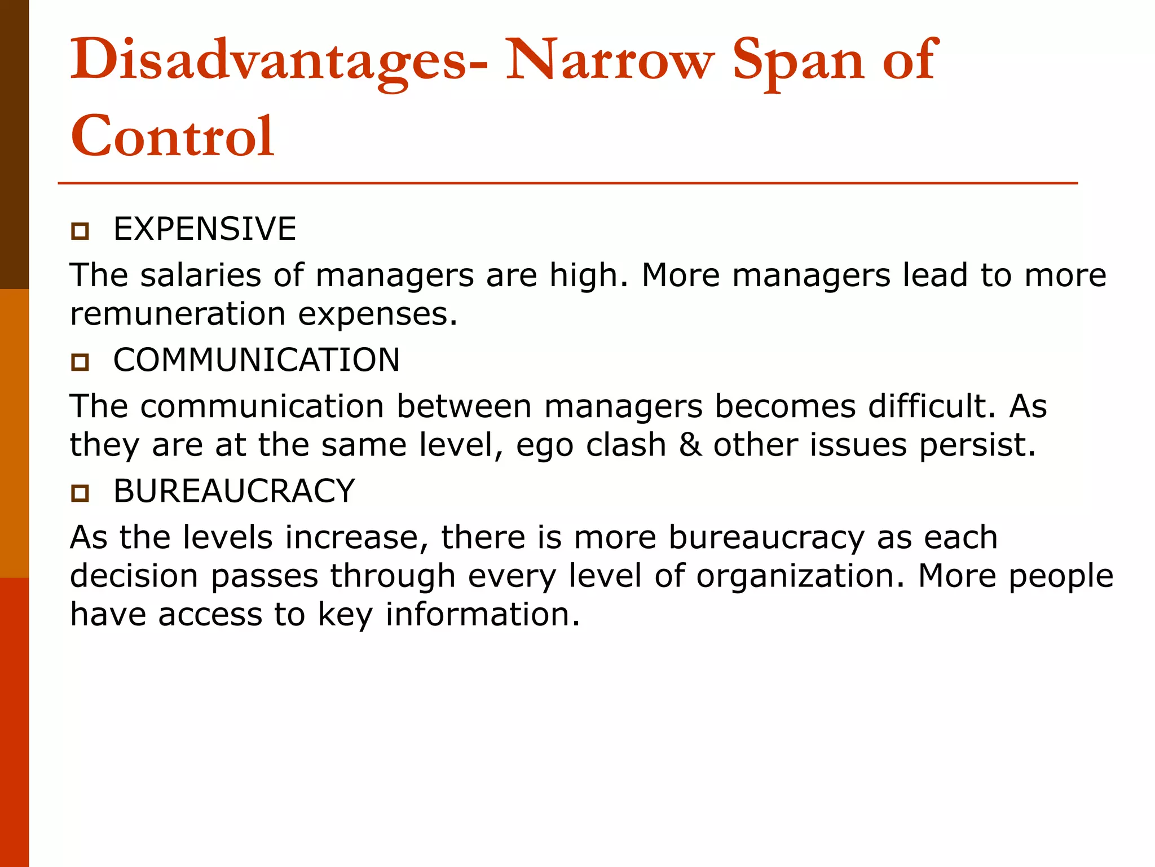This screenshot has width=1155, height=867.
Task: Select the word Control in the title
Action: [172, 136]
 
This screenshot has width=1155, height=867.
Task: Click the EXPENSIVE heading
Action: [205, 229]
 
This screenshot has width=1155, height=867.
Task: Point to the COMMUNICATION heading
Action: [257, 360]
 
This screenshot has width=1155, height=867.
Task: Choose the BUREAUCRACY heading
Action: [234, 491]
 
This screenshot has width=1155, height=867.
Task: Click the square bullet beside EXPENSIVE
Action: [80, 231]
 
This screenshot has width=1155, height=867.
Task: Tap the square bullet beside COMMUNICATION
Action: [80, 362]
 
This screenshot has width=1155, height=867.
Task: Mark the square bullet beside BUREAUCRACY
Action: [80, 493]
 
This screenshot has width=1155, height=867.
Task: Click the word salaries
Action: [200, 275]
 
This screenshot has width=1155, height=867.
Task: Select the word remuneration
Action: [177, 314]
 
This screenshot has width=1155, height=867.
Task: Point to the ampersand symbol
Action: [690, 445]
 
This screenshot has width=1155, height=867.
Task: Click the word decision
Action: [134, 576]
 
